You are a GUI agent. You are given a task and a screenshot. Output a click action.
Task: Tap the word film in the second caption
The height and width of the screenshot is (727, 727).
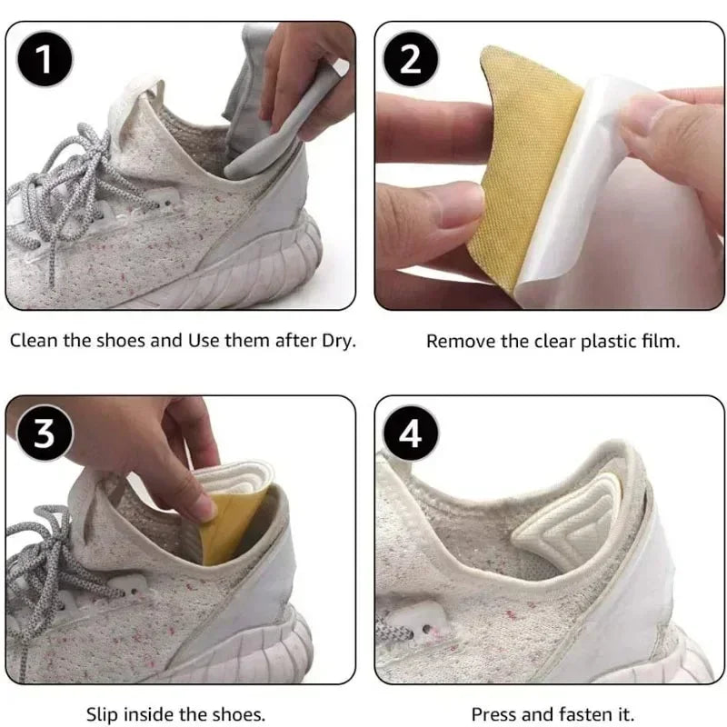coord(661,342)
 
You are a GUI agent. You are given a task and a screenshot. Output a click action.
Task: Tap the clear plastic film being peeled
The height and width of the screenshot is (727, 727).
coord(595,191)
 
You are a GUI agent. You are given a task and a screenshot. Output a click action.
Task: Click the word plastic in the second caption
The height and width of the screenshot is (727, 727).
coord(610,342)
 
